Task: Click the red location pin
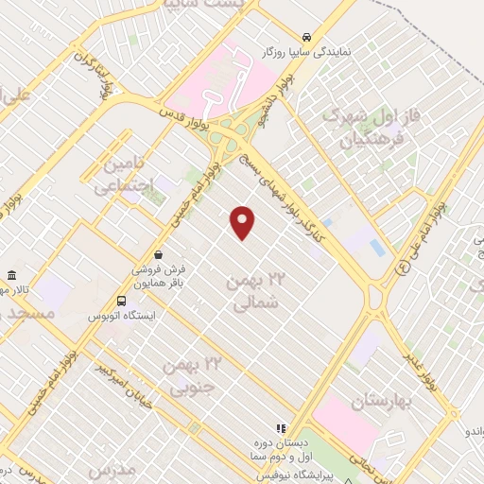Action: [x=244, y=222]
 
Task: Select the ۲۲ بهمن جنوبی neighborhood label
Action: [x=192, y=373]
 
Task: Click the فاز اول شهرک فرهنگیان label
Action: [x=364, y=130]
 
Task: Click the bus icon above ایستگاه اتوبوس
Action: [x=120, y=302]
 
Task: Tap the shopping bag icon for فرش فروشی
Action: [x=158, y=254]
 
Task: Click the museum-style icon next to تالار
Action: [x=12, y=275]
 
